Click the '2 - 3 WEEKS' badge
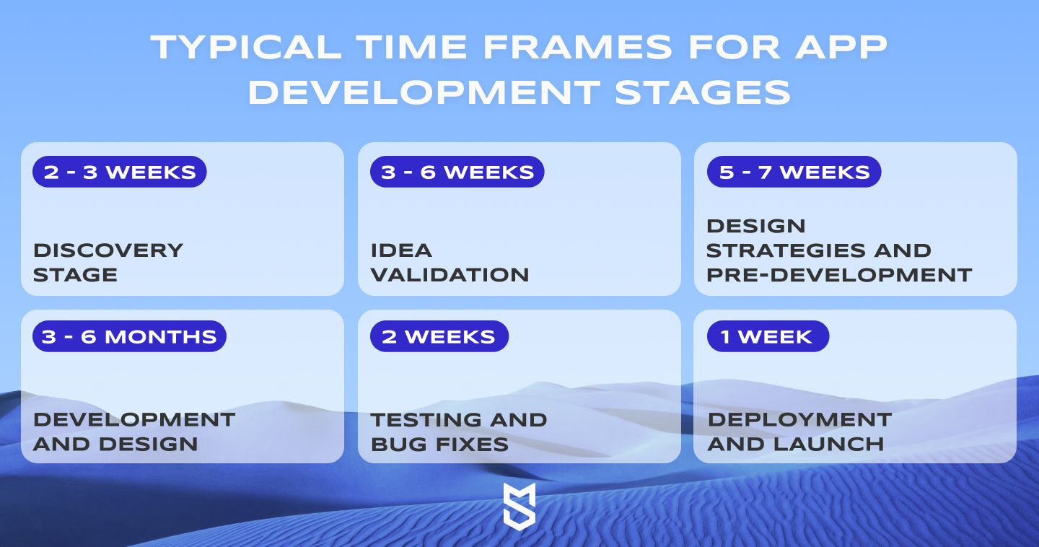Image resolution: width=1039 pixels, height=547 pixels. click(119, 172)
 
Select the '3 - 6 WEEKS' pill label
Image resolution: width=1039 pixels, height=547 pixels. click(457, 172)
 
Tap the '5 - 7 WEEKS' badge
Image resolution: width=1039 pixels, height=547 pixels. click(794, 172)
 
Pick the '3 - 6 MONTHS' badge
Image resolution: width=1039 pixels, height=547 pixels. click(129, 336)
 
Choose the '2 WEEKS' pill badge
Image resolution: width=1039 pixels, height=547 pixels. click(439, 336)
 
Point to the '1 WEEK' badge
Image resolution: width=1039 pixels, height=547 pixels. click(768, 336)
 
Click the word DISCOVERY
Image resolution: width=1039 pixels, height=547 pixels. click(108, 250)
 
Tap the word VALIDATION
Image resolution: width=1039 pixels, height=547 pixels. click(450, 275)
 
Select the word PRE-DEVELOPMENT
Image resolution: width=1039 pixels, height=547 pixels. click(839, 275)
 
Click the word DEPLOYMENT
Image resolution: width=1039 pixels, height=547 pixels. click(799, 420)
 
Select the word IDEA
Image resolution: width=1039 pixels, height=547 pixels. click(402, 250)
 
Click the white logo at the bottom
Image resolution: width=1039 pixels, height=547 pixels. click(519, 506)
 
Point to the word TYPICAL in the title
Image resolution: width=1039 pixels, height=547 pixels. click(246, 48)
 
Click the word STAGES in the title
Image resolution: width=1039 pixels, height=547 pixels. click(703, 92)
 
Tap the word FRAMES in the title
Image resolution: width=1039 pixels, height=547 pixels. click(577, 48)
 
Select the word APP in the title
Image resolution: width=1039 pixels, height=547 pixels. click(841, 48)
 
